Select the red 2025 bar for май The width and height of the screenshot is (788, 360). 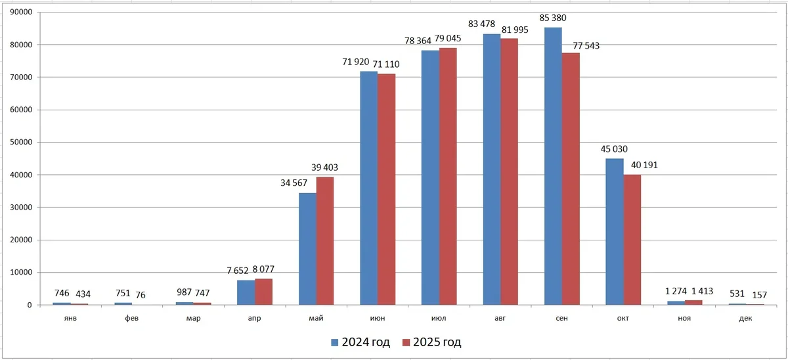pyautogui.click(x=325, y=240)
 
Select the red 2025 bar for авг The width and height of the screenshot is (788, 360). pyautogui.click(x=509, y=171)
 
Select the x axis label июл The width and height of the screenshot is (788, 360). pyautogui.click(x=439, y=319)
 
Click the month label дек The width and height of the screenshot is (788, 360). pyautogui.click(x=746, y=319)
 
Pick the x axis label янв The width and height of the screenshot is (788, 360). pyautogui.click(x=70, y=319)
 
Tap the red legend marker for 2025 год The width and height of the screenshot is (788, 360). pyautogui.click(x=406, y=342)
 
